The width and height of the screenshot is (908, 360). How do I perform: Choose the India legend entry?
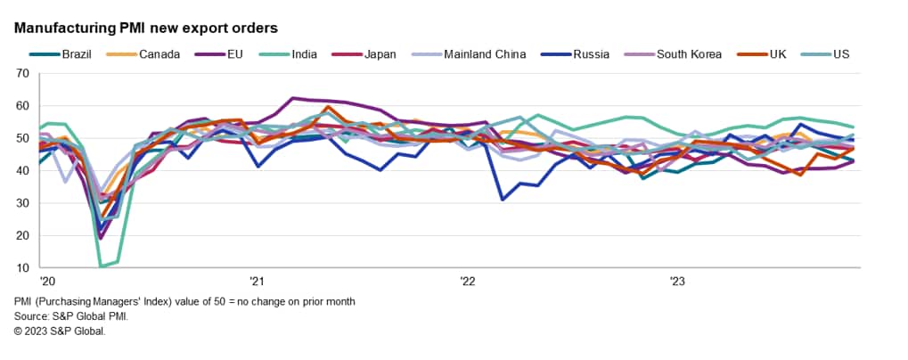pyautogui.click(x=307, y=54)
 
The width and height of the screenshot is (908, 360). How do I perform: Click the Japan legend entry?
pyautogui.click(x=380, y=54)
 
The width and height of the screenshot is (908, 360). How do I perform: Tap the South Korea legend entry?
pyautogui.click(x=686, y=54)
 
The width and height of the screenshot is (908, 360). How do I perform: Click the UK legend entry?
pyautogui.click(x=777, y=54)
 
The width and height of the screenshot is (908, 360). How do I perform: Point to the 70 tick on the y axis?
pyautogui.click(x=22, y=74)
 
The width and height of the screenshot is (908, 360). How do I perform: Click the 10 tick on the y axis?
pyautogui.click(x=22, y=267)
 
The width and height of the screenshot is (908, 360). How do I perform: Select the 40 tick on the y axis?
pyautogui.click(x=22, y=171)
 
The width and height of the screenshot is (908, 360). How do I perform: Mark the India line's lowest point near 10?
pyautogui.click(x=101, y=266)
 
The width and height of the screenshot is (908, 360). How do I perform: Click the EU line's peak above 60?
pyautogui.click(x=292, y=98)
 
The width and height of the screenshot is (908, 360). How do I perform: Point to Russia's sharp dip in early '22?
pyautogui.click(x=503, y=200)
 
